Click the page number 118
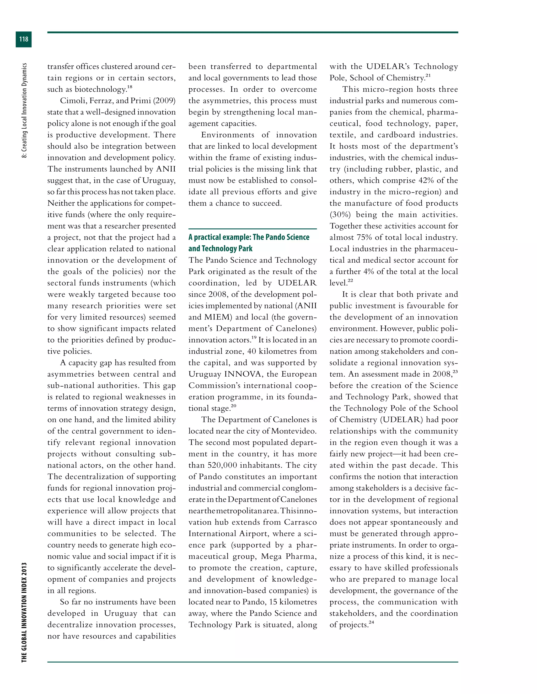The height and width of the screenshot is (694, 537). coord(24,39)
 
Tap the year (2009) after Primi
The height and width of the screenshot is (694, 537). coord(164,101)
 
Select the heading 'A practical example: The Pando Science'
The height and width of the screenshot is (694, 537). coord(249,237)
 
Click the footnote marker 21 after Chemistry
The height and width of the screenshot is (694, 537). coord(428,76)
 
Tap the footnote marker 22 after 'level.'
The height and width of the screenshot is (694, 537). coord(350,280)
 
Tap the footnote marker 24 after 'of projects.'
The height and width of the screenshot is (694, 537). coord(371,622)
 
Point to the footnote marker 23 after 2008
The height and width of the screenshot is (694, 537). coord(455,371)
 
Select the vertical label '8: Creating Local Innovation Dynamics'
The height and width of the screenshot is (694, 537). coord(24,110)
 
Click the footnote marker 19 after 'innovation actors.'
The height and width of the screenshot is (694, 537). coord(254,338)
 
